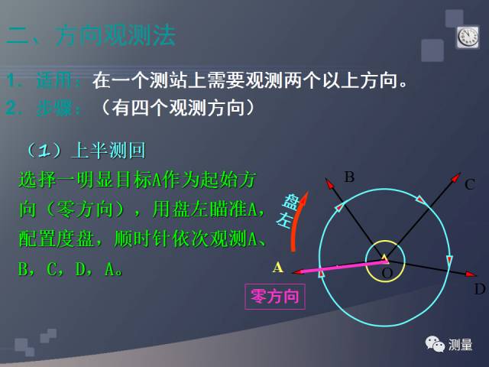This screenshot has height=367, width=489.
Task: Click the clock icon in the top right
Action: [x=468, y=37]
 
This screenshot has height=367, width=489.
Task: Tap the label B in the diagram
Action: [x=349, y=177]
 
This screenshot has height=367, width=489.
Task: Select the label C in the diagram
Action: [x=470, y=183]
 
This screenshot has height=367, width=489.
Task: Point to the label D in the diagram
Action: [x=479, y=289]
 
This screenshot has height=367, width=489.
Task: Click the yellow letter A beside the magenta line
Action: [x=278, y=267]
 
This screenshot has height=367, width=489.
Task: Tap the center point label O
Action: [x=387, y=273]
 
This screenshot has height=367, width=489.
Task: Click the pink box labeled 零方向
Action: [x=274, y=297]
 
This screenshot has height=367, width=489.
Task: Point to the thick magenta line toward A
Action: [x=336, y=266]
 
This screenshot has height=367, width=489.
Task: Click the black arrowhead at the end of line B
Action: [x=329, y=183]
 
